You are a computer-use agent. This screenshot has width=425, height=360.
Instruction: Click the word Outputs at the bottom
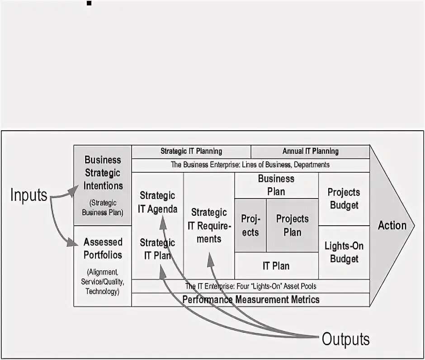click(345, 339)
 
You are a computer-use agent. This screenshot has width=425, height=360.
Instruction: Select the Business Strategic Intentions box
click(103, 185)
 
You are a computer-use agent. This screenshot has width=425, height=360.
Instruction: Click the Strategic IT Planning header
click(191, 152)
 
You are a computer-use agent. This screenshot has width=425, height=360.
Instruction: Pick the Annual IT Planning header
click(310, 152)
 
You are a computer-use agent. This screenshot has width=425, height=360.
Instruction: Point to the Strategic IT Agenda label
click(157, 202)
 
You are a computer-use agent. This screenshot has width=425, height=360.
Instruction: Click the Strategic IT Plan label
click(157, 249)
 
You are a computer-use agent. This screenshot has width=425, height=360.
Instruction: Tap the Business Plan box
click(276, 185)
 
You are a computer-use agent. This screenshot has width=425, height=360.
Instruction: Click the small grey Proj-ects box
click(250, 225)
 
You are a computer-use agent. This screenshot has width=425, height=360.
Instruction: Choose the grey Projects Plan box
click(292, 225)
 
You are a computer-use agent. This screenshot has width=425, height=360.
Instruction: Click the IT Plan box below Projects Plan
click(276, 265)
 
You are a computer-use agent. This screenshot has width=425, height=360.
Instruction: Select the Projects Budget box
click(344, 199)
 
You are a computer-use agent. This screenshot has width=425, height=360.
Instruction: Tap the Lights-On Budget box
click(344, 252)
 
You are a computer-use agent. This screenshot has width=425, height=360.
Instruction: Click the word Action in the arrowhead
click(392, 225)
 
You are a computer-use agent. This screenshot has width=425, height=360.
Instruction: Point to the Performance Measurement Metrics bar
click(250, 299)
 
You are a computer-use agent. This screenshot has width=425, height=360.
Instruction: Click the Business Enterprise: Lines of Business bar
click(250, 165)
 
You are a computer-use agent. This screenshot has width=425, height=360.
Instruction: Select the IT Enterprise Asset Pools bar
click(250, 286)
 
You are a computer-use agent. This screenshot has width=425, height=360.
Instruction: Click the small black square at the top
click(89, 4)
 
